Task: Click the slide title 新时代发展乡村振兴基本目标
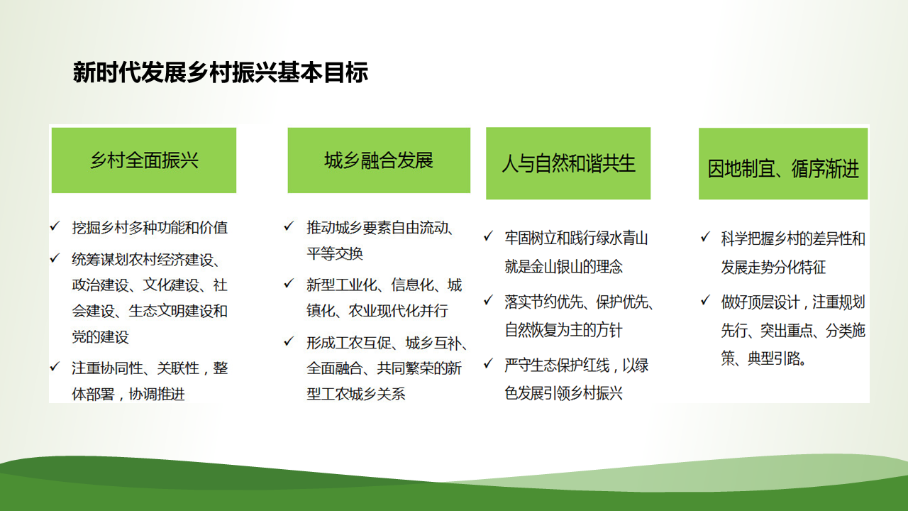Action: pos(220,72)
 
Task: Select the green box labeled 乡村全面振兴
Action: pos(144,160)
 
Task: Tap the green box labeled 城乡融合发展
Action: pos(379,160)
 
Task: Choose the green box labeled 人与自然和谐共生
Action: pos(568,163)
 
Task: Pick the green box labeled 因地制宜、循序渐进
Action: pos(783,164)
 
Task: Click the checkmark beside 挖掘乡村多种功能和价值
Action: pos(55,226)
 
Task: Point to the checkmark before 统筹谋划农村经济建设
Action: pos(55,258)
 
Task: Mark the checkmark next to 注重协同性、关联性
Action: pos(55,367)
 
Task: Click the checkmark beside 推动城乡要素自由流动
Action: pos(289,226)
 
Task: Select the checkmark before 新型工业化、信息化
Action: pos(289,283)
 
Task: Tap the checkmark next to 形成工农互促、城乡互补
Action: pos(289,341)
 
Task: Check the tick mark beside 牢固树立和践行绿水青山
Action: pos(489,236)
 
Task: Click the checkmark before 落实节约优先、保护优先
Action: pos(489,300)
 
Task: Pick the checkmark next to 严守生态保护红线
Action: pos(489,363)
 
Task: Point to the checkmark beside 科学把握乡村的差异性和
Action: pos(706,237)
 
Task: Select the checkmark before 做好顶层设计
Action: pos(706,300)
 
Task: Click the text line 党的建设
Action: pos(101,337)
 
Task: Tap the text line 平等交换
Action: pos(335,254)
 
